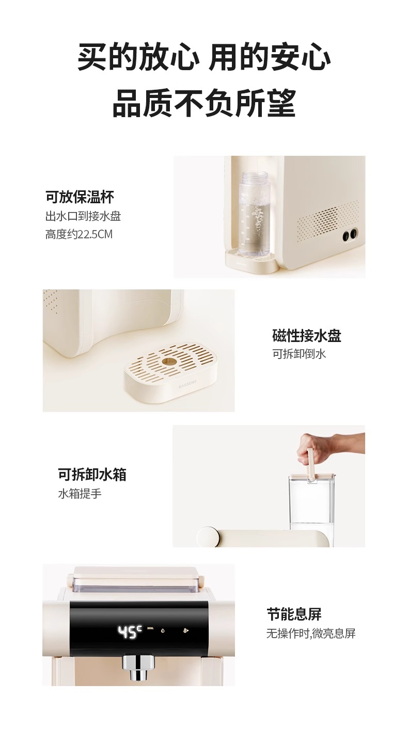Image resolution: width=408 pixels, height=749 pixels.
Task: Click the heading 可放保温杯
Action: (x=80, y=197)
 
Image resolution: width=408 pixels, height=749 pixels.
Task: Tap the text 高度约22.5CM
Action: (x=79, y=234)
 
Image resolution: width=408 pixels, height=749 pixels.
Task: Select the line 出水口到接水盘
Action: (x=83, y=216)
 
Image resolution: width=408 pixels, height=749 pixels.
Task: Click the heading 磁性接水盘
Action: (x=307, y=336)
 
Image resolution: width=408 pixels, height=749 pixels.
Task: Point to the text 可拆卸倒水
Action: (x=299, y=354)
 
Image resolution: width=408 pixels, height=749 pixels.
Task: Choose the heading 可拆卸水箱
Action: (x=92, y=475)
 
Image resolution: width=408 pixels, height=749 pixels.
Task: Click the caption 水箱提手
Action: (x=80, y=494)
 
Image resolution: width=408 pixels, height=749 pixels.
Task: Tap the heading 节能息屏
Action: (x=294, y=614)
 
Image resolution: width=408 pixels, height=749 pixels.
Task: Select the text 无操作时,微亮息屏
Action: (x=311, y=633)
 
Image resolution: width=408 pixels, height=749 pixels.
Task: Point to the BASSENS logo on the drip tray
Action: (x=187, y=384)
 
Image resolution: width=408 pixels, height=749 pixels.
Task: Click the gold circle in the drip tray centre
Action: (x=168, y=361)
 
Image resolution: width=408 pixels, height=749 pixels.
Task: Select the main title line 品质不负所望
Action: (x=204, y=103)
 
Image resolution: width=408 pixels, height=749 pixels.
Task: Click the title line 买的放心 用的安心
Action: (x=204, y=57)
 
